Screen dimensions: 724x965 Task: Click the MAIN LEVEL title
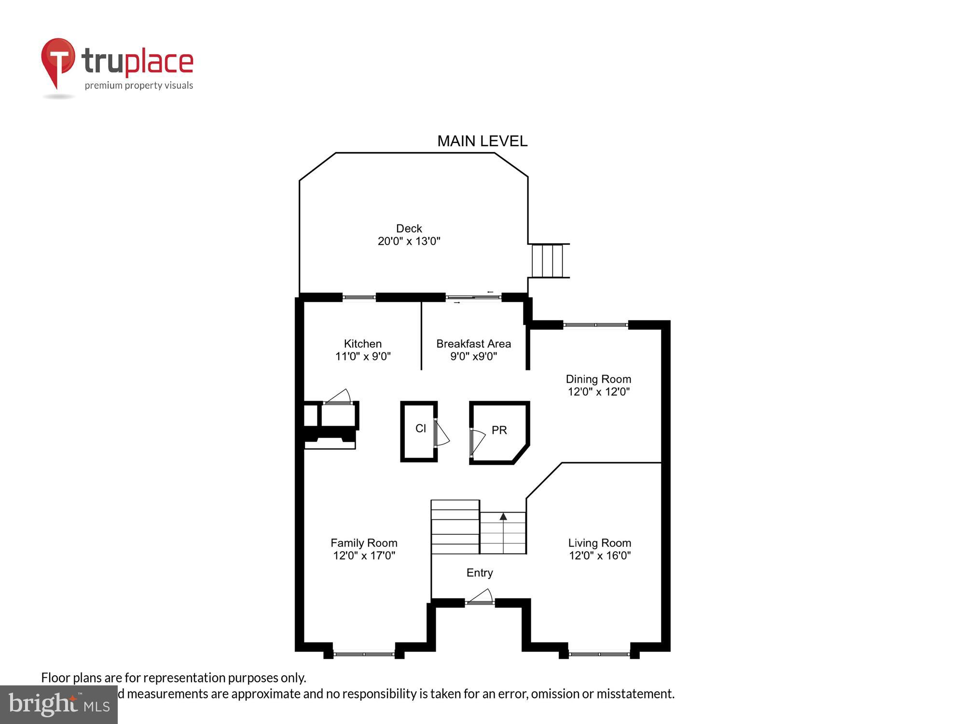point(482,141)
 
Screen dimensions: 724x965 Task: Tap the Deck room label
point(409,228)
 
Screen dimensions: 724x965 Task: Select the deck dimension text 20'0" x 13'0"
point(409,241)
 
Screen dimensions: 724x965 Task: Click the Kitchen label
point(362,344)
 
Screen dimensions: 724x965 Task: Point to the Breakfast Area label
point(473,344)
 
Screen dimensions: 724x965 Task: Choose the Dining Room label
point(598,379)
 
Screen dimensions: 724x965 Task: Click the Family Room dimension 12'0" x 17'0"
point(364,556)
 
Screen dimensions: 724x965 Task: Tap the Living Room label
point(599,543)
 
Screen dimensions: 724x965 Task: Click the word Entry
point(480,572)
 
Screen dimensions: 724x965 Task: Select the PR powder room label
point(499,430)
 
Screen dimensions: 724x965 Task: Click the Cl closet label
point(420,428)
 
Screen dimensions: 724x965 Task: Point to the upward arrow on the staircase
point(503,517)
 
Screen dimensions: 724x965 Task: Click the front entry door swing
point(481,597)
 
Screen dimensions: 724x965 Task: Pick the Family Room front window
point(364,654)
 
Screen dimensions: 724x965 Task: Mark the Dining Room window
point(595,325)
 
